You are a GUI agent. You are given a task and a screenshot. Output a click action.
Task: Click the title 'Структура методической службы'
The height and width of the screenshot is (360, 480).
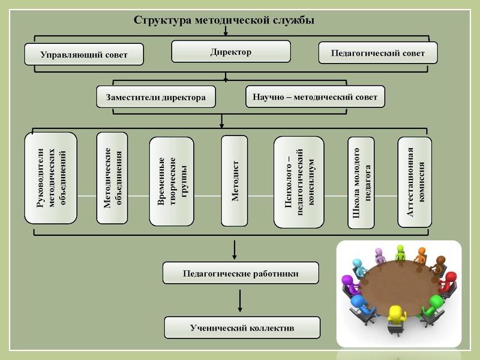(224, 20)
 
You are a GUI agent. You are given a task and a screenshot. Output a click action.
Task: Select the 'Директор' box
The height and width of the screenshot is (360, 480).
(231, 52)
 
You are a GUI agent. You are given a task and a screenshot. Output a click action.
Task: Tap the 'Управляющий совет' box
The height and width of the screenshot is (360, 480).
(84, 54)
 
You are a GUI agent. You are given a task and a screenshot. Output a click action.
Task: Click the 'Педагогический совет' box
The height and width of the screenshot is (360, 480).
(377, 53)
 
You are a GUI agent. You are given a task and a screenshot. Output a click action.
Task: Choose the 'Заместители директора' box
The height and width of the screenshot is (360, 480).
(156, 97)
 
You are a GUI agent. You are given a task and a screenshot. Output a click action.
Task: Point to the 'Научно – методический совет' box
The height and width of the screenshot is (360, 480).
(315, 97)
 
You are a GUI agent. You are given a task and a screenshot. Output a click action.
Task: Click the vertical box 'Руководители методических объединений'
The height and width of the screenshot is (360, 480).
(51, 178)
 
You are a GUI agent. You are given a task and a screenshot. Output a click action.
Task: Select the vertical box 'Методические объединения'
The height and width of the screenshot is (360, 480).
(112, 178)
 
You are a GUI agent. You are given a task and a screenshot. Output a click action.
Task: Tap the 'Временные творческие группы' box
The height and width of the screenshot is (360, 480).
(172, 181)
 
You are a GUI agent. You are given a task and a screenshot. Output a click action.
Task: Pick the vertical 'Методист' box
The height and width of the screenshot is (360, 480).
(235, 181)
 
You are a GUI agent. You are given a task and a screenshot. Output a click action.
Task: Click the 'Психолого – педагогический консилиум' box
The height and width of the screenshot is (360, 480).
(299, 182)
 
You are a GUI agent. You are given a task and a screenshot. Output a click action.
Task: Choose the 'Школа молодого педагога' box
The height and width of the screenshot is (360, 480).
(361, 182)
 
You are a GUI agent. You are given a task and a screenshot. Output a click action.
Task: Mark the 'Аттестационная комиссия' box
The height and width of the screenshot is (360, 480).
(415, 182)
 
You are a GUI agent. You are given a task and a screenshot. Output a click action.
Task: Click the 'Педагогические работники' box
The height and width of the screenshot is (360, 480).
(241, 274)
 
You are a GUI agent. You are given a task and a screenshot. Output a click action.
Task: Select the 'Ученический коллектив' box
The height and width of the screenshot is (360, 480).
(242, 328)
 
